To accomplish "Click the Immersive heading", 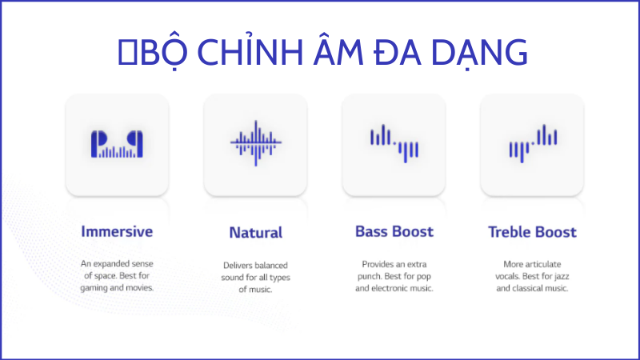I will pos(117,232).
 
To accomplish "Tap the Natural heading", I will pos(255,234).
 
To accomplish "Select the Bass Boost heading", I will pos(394,232).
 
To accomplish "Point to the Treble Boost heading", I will pos(532,233).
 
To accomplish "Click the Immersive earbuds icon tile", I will pos(117,145).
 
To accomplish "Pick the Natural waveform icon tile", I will pos(255,145).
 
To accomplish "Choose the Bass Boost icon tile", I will pos(394,145).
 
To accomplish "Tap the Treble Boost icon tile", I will pos(532,145).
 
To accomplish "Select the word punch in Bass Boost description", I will pos(372,275).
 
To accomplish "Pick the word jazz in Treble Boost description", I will pos(558,275).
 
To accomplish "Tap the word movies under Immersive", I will pos(138,288).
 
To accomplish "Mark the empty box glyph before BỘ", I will pos(125,52).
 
